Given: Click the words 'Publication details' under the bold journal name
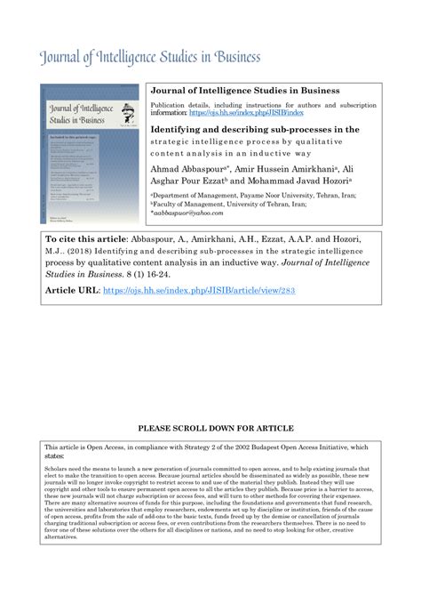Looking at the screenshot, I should point(180,105).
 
